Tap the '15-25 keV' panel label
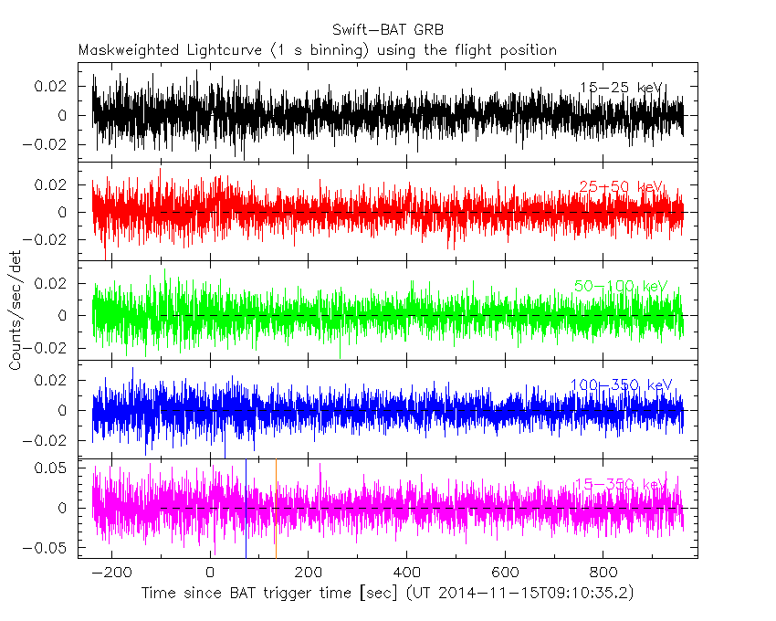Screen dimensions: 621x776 [x=620, y=88]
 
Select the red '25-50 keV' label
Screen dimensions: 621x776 [x=620, y=186]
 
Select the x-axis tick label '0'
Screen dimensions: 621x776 [x=211, y=573]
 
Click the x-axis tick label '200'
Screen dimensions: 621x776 [x=308, y=573]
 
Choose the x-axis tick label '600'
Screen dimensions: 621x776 [x=504, y=573]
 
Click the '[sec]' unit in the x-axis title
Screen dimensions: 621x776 [x=334, y=593]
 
